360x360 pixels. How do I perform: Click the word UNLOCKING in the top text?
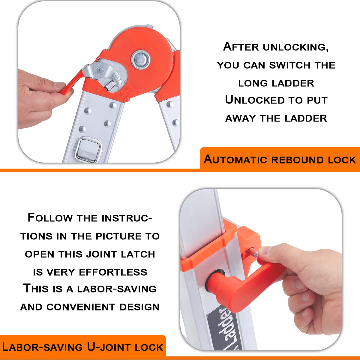[x=295, y=47]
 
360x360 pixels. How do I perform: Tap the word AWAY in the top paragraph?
[x=241, y=118]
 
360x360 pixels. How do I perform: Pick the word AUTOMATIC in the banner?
[x=235, y=160]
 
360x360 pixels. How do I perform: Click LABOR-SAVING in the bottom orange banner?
[x=42, y=347]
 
